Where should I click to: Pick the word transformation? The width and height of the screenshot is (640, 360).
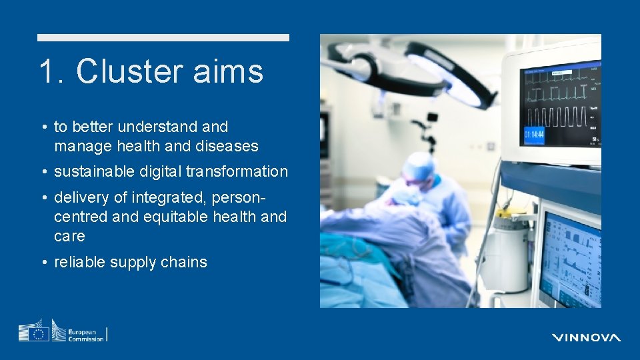point(237,171)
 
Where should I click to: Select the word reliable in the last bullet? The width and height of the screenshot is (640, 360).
point(79,262)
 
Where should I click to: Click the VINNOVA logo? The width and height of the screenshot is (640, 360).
point(586,337)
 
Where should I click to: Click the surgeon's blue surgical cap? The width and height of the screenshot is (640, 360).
point(418,163)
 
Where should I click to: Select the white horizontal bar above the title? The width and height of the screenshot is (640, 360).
point(163,38)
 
